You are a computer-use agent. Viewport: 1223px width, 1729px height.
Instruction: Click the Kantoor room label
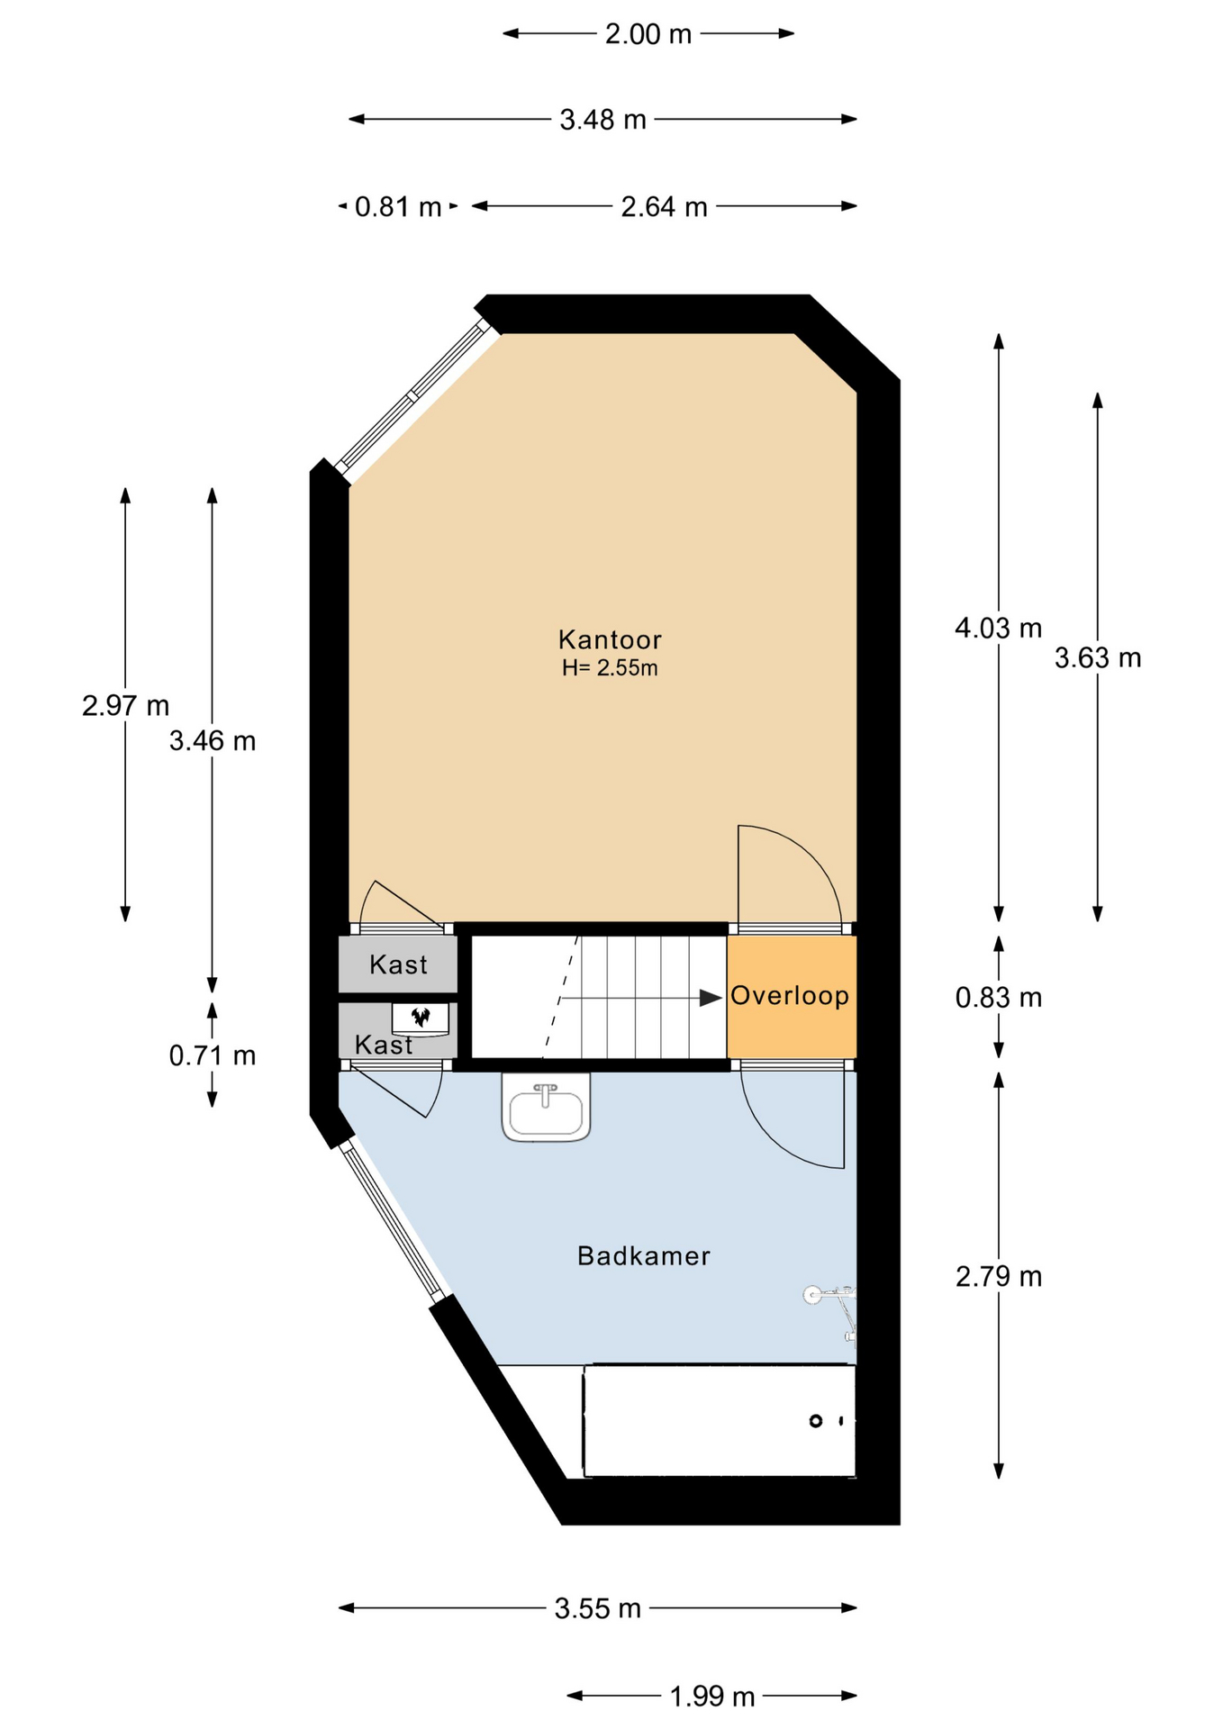(610, 639)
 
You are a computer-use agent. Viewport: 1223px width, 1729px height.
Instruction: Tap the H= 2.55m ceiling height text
(610, 668)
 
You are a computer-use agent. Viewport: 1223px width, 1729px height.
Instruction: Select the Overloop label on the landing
(790, 995)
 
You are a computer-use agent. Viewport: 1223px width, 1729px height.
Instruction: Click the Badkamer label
(643, 1255)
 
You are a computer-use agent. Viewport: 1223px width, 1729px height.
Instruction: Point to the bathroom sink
(546, 1108)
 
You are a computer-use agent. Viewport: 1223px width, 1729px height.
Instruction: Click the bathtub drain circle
(816, 1421)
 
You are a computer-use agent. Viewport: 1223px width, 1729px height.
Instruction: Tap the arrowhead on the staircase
(711, 998)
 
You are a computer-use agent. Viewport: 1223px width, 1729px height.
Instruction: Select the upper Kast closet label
(398, 964)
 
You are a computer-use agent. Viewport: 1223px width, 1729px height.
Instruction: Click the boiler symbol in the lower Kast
(421, 1018)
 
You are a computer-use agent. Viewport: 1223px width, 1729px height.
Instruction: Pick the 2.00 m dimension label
(648, 34)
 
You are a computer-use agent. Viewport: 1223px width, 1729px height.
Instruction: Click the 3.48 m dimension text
(602, 120)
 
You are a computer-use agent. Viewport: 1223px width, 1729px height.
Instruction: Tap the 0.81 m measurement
(398, 207)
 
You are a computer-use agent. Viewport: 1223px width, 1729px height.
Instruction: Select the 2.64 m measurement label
(664, 207)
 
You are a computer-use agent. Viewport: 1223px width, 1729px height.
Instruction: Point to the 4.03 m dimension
(998, 628)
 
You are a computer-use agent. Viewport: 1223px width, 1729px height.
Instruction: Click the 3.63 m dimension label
(1098, 658)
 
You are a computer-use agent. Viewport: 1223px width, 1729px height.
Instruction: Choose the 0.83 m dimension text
(998, 998)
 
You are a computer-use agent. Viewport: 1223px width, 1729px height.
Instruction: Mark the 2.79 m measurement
(998, 1277)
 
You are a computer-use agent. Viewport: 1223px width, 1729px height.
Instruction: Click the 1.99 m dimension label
(711, 1697)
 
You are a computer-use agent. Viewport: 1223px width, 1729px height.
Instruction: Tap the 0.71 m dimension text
(213, 1055)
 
